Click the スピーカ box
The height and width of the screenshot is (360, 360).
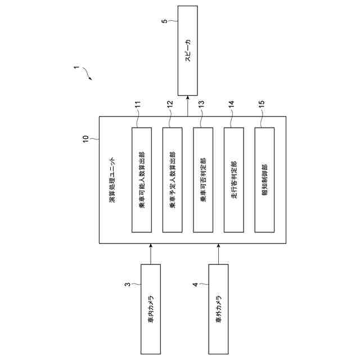(188, 50)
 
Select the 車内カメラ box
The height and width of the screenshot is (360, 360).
(150, 309)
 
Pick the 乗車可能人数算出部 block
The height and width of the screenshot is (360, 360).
(142, 179)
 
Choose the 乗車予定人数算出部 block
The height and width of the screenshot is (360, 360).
(172, 179)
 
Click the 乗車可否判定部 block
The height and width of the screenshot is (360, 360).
(202, 179)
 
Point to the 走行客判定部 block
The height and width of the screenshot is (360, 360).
(233, 179)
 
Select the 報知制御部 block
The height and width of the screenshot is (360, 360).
(264, 179)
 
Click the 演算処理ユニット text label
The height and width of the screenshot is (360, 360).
(111, 179)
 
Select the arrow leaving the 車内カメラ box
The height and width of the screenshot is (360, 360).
(150, 254)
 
